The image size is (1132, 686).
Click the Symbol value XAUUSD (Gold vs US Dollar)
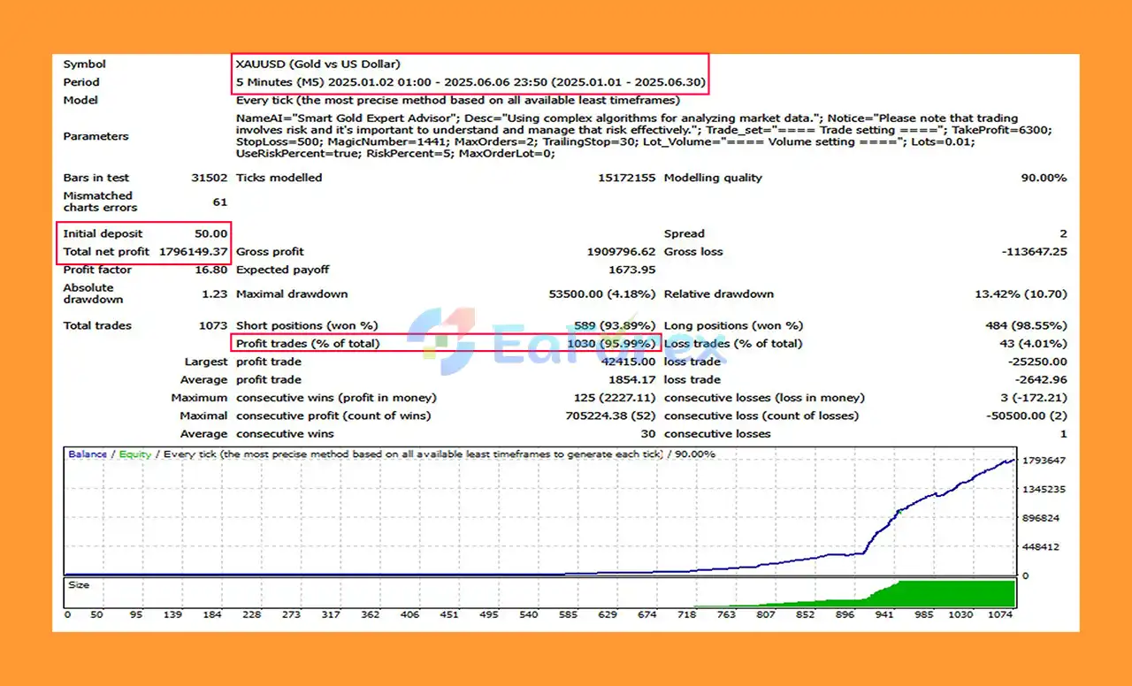317,64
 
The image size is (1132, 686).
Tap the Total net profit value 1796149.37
193,252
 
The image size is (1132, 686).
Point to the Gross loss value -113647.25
1034,252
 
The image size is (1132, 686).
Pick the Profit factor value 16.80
213,270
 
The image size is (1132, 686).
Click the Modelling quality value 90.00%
1044,178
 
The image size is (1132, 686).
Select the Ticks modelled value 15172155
626,178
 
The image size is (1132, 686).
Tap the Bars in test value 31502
209,178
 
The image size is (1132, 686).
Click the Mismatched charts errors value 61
219,202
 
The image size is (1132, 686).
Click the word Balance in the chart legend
88,454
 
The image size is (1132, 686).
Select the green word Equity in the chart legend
134,454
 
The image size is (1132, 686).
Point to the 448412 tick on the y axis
1042,547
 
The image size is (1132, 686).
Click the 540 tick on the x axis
528,614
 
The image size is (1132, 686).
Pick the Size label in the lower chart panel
80,585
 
